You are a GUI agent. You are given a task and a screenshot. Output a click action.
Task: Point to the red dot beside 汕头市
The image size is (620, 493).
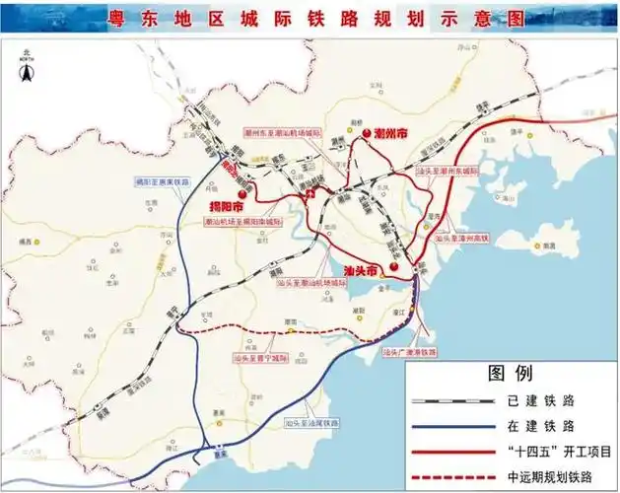[x=393, y=268]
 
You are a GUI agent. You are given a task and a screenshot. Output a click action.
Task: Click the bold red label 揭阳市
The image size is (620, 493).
[x=228, y=206]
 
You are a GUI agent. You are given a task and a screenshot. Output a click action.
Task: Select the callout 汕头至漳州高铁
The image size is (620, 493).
[x=459, y=238]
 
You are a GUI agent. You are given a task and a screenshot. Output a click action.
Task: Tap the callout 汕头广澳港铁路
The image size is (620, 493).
[x=409, y=351]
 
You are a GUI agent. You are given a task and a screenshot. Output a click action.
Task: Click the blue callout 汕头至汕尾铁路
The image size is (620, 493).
[x=310, y=421]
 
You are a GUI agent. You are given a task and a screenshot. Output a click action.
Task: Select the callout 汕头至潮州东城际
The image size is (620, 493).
[x=450, y=170]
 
